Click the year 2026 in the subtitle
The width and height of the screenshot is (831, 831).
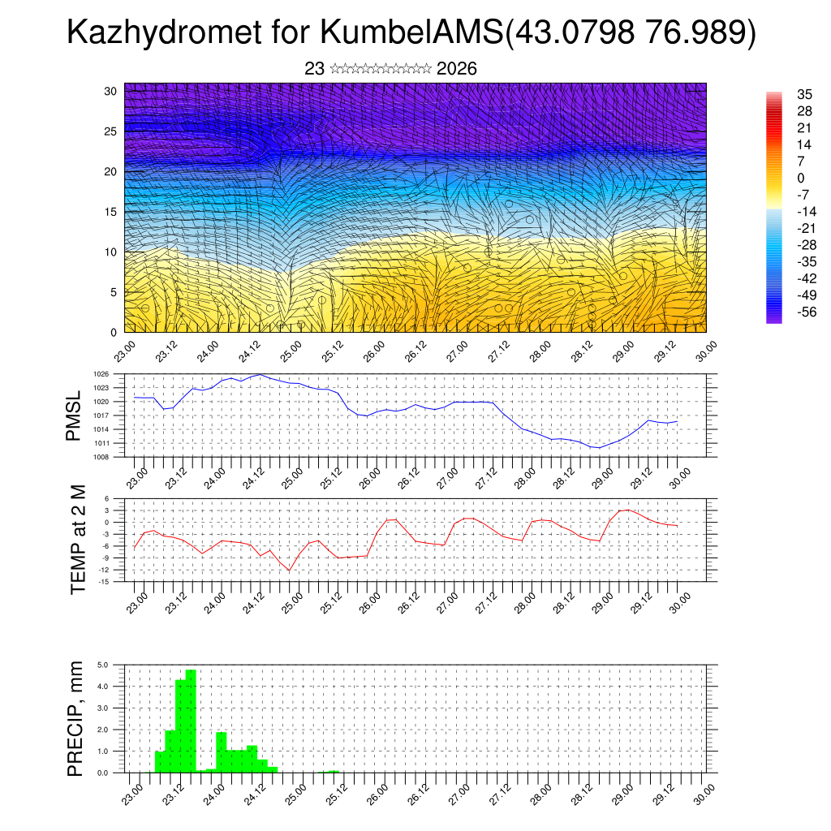tap(456, 69)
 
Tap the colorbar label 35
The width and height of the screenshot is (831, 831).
tap(782, 93)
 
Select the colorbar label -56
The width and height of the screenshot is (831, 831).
tap(785, 312)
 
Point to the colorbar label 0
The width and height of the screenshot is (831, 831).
tap(778, 178)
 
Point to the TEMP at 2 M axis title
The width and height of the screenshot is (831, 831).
tap(78, 540)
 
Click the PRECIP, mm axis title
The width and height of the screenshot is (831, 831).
tap(75, 717)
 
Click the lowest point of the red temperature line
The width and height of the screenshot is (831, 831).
tap(289, 571)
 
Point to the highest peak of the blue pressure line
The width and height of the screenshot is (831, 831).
tap(260, 374)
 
